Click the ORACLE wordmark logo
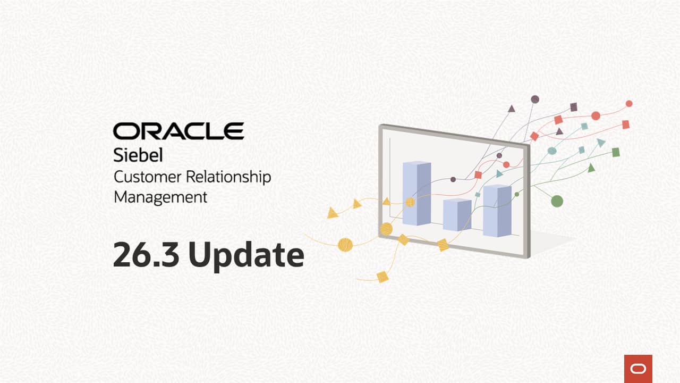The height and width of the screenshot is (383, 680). point(178,131)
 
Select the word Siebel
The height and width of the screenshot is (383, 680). point(138,156)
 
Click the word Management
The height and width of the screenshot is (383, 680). point(160,197)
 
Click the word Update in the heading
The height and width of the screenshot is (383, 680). point(246,255)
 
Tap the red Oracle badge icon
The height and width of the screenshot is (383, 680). point(638,368)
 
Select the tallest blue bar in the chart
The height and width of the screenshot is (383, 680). point(416,193)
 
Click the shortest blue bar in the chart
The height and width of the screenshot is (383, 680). point(457,214)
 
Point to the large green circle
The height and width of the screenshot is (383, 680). point(557,201)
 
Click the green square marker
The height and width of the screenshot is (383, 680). point(616,152)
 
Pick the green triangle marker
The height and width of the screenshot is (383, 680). point(591,168)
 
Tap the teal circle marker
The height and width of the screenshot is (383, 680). point(552,151)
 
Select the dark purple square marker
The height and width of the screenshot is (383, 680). point(574,107)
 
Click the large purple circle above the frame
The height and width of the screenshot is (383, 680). point(535,99)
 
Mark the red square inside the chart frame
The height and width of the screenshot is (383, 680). point(478,174)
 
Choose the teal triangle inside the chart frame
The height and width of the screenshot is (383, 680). point(499,173)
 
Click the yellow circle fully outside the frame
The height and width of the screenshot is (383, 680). point(345,245)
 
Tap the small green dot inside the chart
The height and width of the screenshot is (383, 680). point(517,194)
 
